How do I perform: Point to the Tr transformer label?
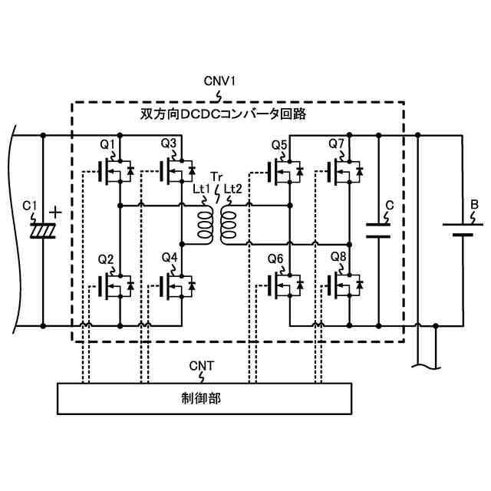point(216,178)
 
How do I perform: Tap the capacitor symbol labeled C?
point(377,231)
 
